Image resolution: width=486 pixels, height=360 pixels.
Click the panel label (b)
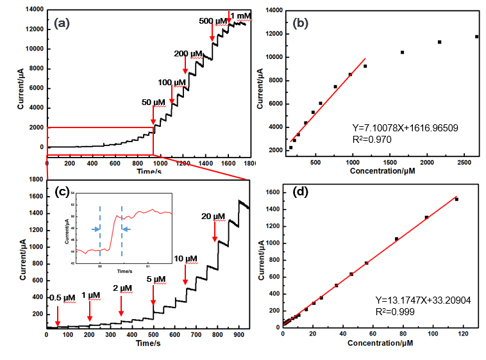coord(302,23)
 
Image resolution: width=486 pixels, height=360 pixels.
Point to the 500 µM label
coord(212,21)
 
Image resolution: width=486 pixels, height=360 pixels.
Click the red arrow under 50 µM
coord(153,115)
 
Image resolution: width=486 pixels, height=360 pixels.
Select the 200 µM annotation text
coord(188,53)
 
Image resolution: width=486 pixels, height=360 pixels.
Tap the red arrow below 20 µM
coord(214,232)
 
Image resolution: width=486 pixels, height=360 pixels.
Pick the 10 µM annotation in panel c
coord(186,258)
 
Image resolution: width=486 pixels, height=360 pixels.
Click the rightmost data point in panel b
coord(476,37)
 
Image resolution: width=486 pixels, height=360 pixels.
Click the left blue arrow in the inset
coord(95,229)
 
